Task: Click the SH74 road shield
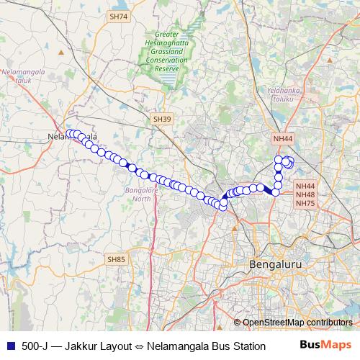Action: [117, 16]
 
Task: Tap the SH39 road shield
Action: [162, 118]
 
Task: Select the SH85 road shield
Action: [116, 258]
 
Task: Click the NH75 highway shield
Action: [305, 204]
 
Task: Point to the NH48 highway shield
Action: [305, 194]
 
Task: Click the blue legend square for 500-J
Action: [10, 346]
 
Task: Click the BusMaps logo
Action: [325, 346]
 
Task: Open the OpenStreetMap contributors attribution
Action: [297, 322]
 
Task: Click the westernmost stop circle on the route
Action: [70, 133]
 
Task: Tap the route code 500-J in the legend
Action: [35, 346]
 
